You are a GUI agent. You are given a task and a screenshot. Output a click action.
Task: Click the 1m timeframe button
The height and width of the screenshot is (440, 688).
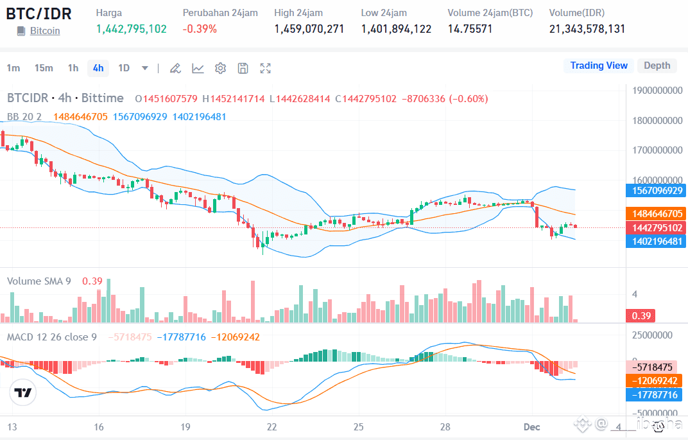coord(13,68)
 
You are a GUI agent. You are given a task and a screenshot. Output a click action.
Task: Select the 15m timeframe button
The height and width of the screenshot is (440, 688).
coord(44,68)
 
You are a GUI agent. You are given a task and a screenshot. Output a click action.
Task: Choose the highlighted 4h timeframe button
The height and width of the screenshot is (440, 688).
coord(98,68)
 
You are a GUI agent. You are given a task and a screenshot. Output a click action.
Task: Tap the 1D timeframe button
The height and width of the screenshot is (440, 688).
coord(124,68)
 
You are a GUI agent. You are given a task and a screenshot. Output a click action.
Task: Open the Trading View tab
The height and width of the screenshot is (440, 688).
coord(598,66)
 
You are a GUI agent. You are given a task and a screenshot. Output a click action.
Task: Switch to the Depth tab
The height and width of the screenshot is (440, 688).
coord(657,66)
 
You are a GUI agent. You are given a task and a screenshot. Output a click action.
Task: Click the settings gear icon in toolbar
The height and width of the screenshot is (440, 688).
coord(220,68)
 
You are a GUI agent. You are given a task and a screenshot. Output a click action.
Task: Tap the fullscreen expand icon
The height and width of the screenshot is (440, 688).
coord(265,68)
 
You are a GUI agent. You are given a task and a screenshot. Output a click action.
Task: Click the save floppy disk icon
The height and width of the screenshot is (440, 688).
coord(243,68)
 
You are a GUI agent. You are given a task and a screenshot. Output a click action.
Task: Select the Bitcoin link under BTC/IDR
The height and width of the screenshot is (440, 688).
coord(45,31)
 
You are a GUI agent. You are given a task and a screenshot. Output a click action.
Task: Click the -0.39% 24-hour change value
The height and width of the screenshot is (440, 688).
coord(200,29)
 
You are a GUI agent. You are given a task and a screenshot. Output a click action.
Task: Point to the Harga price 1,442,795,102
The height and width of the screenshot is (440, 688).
coord(131,29)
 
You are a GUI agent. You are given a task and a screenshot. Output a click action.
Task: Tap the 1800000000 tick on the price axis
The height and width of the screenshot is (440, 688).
coord(657,121)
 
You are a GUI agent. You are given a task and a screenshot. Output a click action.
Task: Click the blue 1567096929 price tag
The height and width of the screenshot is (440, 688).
coord(656,191)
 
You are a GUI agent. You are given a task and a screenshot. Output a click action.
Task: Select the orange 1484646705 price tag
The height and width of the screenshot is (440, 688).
coord(656,214)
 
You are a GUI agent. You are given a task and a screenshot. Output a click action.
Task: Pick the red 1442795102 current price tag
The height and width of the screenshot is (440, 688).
coord(656,228)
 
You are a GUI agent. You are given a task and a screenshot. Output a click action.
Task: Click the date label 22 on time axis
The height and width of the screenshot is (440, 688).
coord(272,427)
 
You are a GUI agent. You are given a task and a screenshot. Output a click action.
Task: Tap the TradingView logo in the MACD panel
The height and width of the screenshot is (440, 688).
coord(24,392)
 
